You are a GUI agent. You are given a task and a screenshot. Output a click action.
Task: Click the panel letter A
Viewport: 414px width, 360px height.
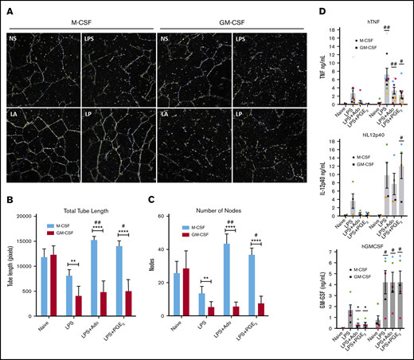pos(6,6)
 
